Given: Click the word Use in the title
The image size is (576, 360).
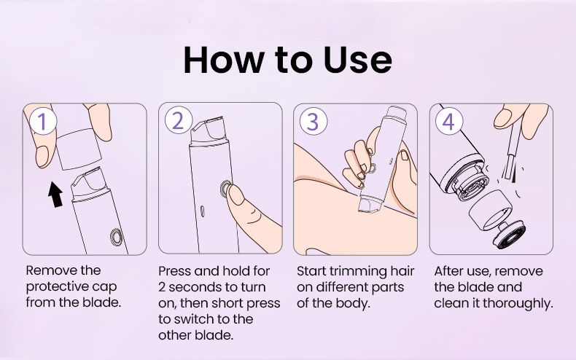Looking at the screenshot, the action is (x=357, y=60).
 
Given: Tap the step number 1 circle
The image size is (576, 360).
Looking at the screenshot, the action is (x=43, y=121).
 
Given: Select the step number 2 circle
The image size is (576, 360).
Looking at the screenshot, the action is (x=179, y=120).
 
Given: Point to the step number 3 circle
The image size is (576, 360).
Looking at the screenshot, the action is (x=313, y=121).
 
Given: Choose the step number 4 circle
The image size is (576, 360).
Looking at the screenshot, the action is (x=449, y=121).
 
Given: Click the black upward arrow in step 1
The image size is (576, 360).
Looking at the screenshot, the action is (x=55, y=195).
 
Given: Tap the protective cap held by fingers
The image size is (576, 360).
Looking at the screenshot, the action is (x=79, y=148).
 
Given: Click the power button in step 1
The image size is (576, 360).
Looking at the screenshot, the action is (x=117, y=237).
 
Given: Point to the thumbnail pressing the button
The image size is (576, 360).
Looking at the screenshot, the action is (x=236, y=195).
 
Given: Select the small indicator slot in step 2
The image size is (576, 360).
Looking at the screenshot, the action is (x=203, y=211).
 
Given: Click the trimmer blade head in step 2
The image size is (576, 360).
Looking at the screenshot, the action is (x=209, y=130).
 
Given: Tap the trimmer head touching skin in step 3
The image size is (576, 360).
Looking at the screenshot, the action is (x=370, y=204).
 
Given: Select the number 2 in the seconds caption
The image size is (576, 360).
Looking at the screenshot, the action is (x=162, y=287).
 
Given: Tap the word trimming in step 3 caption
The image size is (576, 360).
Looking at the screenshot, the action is (x=358, y=272).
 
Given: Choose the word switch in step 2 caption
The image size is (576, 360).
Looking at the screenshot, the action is (x=194, y=319).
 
